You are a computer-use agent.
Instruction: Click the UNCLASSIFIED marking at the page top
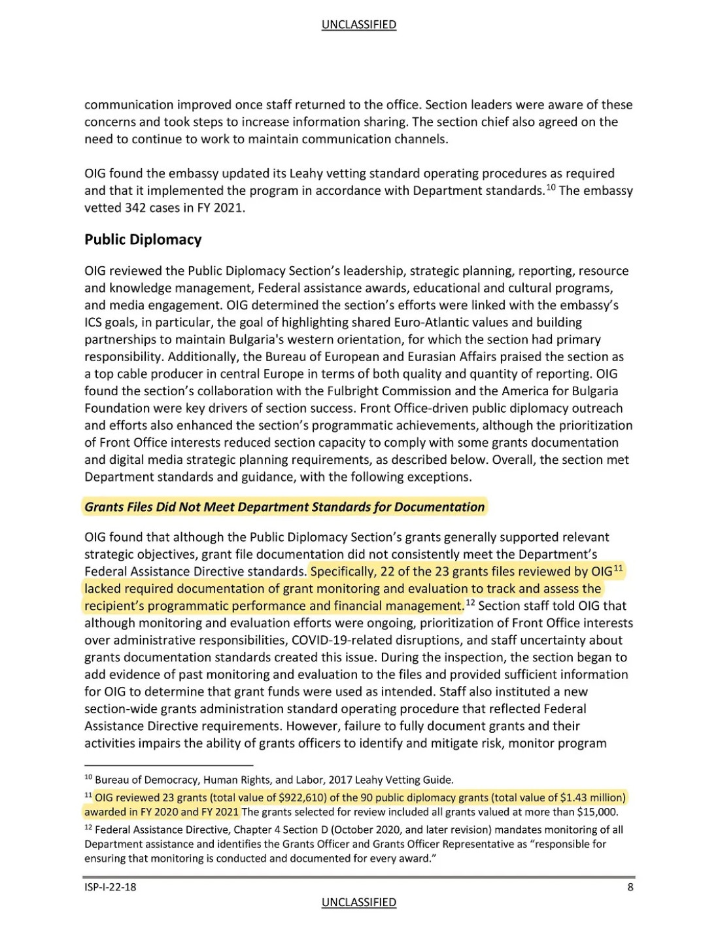pyautogui.click(x=358, y=25)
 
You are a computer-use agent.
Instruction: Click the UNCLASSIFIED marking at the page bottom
pyautogui.click(x=358, y=903)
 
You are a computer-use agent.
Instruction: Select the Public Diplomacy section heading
pyautogui.click(x=143, y=239)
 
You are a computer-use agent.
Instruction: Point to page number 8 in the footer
pyautogui.click(x=630, y=887)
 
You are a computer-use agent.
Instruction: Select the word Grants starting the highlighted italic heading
pyautogui.click(x=104, y=507)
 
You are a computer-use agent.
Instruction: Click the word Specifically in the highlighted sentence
pyautogui.click(x=343, y=571)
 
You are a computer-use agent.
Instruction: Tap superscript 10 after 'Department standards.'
pyautogui.click(x=551, y=188)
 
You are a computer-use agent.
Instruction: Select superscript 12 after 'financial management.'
pyautogui.click(x=470, y=603)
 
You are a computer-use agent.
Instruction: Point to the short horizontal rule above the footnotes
pyautogui.click(x=169, y=764)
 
